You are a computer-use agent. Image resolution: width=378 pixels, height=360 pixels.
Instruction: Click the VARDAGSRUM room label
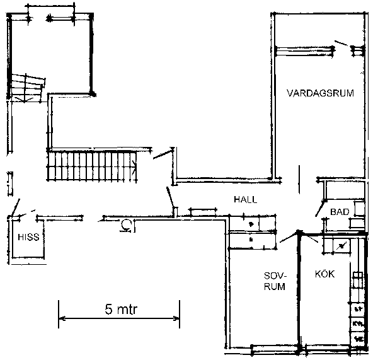tap(320, 93)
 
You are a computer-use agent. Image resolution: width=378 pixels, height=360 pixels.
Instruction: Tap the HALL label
tap(246, 199)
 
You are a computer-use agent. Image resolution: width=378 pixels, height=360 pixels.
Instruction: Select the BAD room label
tap(340, 212)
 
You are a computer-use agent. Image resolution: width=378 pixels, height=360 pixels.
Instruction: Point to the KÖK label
tap(324, 274)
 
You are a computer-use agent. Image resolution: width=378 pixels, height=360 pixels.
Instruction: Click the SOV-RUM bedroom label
tap(275, 281)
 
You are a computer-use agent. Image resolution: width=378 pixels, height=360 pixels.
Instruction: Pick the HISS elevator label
tap(28, 237)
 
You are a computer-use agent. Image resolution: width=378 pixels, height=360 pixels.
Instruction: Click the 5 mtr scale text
tap(121, 309)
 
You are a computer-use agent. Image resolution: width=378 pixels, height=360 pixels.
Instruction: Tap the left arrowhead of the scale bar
tap(62, 318)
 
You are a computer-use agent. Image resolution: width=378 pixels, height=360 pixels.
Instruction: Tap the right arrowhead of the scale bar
tap(176, 318)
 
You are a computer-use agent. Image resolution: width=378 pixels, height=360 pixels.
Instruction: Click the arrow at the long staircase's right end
tap(134, 166)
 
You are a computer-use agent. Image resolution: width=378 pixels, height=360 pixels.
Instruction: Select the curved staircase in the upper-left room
tap(26, 88)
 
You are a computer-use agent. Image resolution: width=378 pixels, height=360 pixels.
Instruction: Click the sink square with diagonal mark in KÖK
tap(341, 246)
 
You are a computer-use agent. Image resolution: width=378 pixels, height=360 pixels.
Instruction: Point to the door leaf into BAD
tap(319, 208)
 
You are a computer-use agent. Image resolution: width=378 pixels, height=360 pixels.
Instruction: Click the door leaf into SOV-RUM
tap(289, 236)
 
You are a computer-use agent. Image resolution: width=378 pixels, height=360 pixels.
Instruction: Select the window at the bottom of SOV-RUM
tap(275, 347)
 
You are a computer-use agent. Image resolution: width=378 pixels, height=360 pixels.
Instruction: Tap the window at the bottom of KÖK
tap(328, 347)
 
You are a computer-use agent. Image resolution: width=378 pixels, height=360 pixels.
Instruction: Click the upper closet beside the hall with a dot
tap(251, 223)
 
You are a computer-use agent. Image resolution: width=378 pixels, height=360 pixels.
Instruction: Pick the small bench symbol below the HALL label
tap(203, 211)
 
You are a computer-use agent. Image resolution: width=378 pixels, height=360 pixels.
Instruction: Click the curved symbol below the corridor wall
tap(125, 225)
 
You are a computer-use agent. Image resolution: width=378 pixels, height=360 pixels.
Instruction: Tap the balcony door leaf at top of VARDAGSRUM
tap(341, 44)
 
